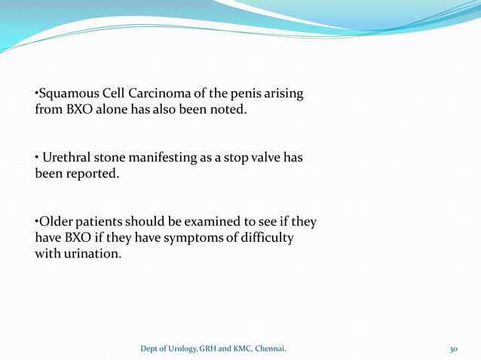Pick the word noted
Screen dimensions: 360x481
pyautogui.click(x=228, y=110)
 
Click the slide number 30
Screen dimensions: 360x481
pyautogui.click(x=453, y=349)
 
